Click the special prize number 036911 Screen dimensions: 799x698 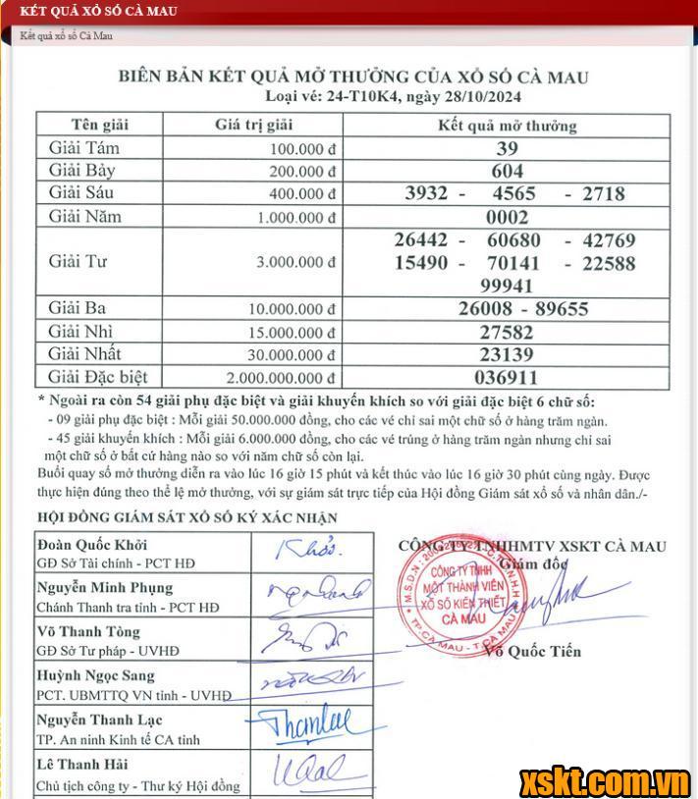pos(508,377)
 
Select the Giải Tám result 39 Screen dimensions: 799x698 pos(508,149)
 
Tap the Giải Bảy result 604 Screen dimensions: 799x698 pos(508,171)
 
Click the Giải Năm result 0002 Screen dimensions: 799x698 pos(508,217)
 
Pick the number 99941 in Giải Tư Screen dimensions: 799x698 pos(508,286)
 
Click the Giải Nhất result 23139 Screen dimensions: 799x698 pos(508,354)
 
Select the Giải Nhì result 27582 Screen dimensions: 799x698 pos(508,332)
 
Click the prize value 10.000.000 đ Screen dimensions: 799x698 pos(293,309)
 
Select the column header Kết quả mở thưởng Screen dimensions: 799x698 pos(508,126)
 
